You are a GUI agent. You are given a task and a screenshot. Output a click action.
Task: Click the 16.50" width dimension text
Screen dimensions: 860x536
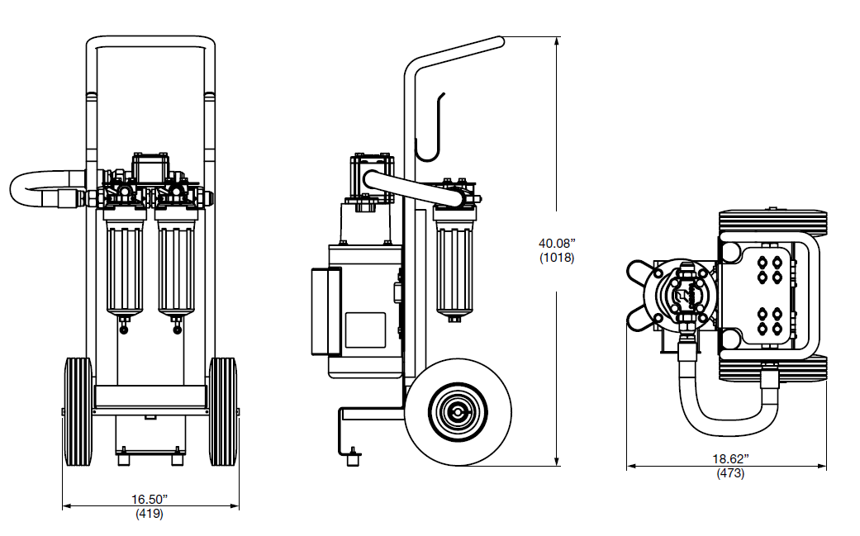(x=150, y=500)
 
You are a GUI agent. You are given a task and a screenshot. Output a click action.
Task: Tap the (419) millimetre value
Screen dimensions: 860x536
(x=150, y=514)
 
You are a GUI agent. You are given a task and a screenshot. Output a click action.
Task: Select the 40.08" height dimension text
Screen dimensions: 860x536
(x=557, y=243)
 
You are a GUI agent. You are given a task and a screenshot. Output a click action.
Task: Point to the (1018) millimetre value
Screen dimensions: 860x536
(x=557, y=258)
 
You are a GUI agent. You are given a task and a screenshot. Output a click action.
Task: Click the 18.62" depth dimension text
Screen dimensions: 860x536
(x=730, y=458)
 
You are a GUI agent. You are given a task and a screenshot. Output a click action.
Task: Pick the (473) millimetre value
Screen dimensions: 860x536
(x=730, y=473)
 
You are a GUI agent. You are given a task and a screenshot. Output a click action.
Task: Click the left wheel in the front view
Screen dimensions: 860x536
(x=78, y=412)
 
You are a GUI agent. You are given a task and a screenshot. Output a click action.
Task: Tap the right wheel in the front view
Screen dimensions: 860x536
(x=223, y=412)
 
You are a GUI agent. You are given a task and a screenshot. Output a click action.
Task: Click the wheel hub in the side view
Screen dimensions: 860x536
(x=458, y=411)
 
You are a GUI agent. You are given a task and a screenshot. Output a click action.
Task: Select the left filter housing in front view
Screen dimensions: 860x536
(x=125, y=263)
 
